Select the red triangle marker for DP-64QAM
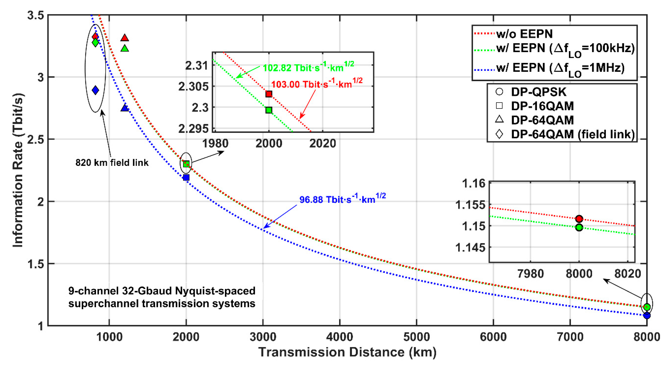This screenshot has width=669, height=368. pyautogui.click(x=125, y=38)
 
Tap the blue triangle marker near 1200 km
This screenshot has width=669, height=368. pyautogui.click(x=125, y=108)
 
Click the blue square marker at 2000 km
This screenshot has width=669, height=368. pyautogui.click(x=186, y=178)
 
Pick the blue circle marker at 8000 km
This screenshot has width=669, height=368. pyautogui.click(x=647, y=315)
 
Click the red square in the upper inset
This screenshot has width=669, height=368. pyautogui.click(x=269, y=94)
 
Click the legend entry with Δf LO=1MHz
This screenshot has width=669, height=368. pyautogui.click(x=560, y=68)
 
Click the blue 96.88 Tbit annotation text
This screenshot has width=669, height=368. pyautogui.click(x=342, y=199)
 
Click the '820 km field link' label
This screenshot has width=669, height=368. pyautogui.click(x=112, y=163)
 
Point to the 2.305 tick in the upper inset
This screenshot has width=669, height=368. pyautogui.click(x=194, y=87)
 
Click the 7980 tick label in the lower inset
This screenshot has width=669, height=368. pyautogui.click(x=530, y=274)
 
